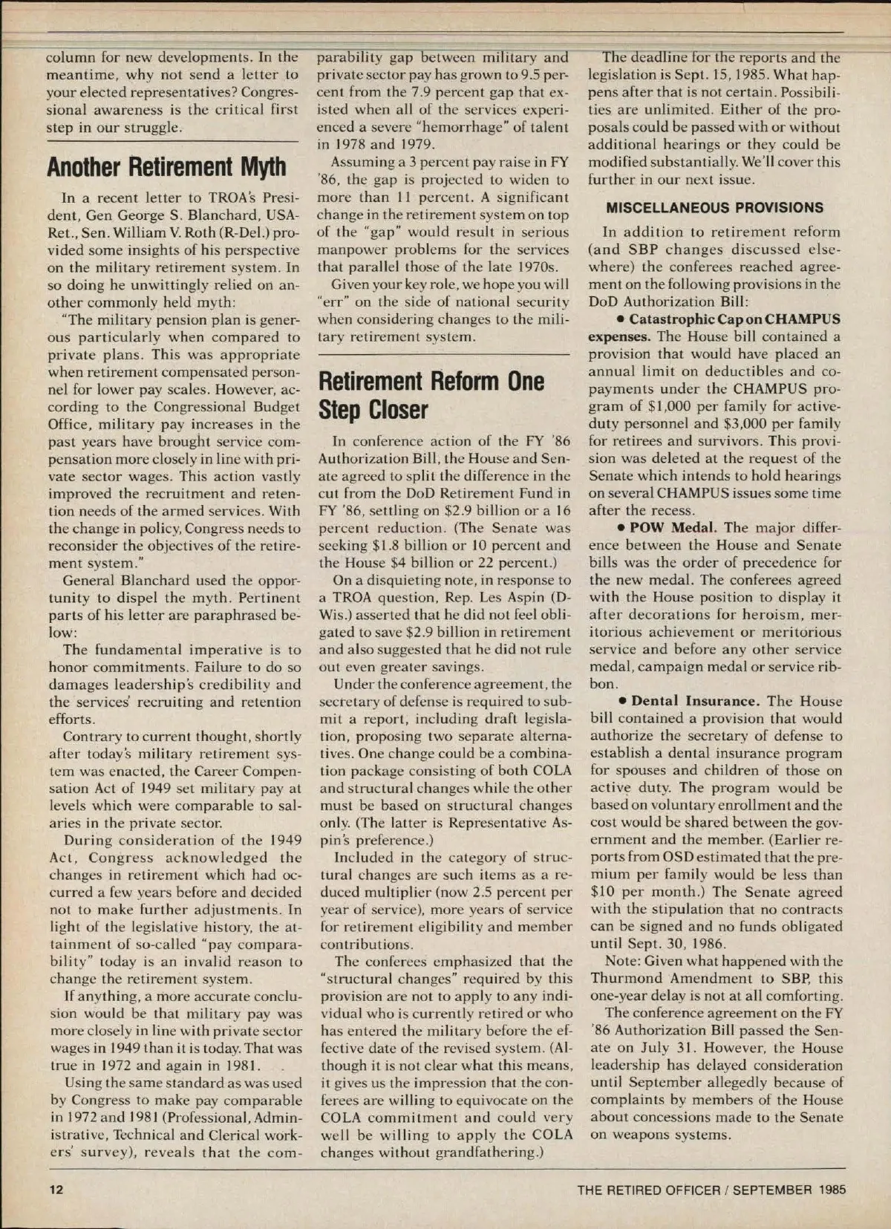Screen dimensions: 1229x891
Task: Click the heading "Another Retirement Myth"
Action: (166, 166)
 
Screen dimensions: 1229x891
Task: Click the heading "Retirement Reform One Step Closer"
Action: (431, 395)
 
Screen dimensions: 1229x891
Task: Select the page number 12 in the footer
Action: (56, 1189)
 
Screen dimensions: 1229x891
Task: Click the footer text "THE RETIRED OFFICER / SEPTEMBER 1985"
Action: (711, 1190)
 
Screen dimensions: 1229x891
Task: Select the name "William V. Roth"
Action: (193, 233)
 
